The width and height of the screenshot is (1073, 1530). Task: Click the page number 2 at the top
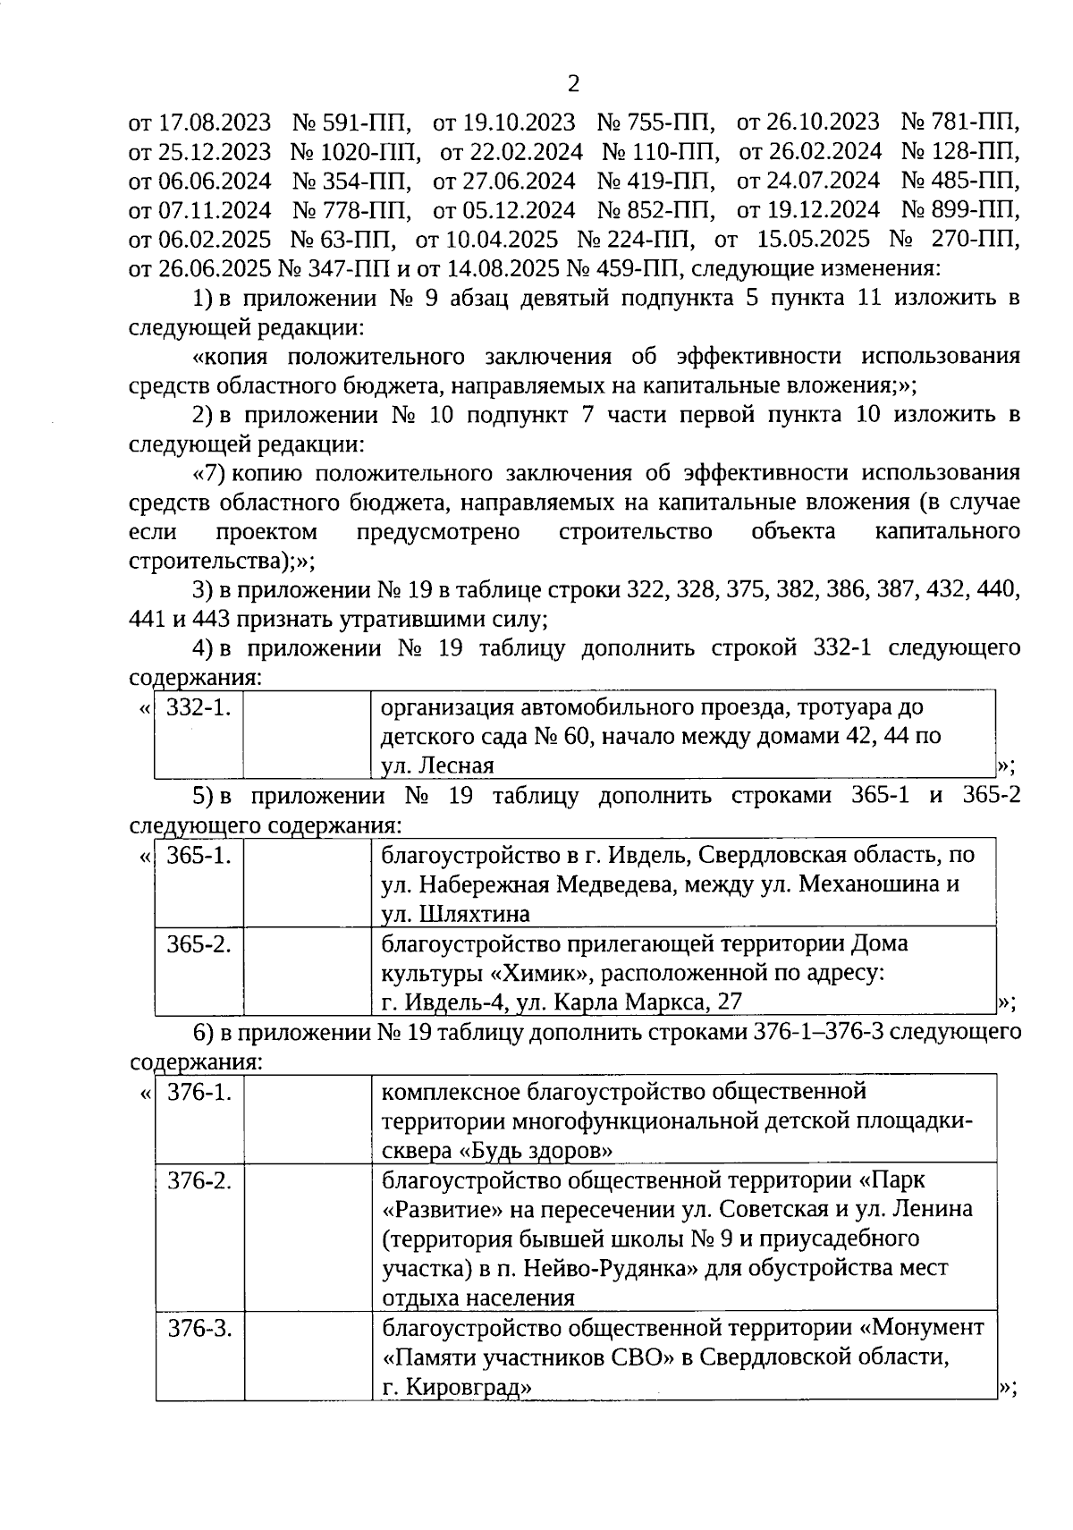pyautogui.click(x=573, y=84)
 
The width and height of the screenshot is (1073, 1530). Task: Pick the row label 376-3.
pyautogui.click(x=199, y=1328)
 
